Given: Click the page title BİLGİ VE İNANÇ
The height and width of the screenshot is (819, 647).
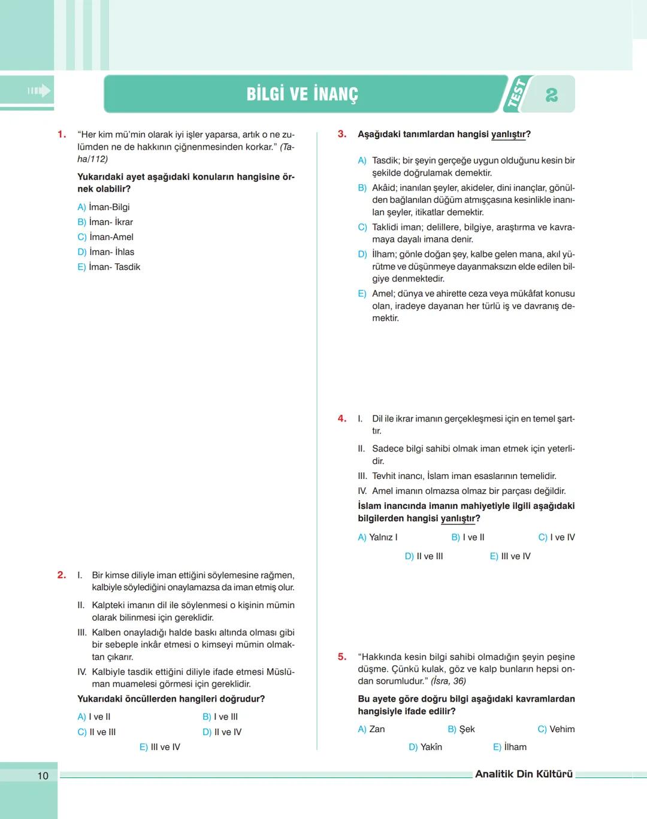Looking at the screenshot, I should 302,94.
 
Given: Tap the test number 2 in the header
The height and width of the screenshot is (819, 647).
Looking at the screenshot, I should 552,95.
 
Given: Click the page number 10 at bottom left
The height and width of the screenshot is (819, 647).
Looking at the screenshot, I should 43,776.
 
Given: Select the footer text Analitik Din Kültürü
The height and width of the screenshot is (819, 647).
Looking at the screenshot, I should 524,774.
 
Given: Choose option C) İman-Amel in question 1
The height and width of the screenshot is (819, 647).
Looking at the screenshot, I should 105,237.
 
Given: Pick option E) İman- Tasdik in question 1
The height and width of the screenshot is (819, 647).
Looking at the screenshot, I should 108,267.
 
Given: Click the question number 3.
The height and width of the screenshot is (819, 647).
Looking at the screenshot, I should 342,134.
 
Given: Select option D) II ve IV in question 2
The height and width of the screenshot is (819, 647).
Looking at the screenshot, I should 222,732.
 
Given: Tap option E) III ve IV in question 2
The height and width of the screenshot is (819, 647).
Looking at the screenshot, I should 160,747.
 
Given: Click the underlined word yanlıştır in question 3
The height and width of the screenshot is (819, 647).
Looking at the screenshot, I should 508,134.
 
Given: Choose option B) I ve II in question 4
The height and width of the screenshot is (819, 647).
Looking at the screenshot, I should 468,538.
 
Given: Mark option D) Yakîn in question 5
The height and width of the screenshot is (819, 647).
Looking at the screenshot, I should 425,747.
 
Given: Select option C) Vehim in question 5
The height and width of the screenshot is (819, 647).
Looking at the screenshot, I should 556,729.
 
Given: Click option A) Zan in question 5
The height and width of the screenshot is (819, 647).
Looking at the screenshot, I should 371,729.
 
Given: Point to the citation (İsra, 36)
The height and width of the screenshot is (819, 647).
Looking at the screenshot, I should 448,681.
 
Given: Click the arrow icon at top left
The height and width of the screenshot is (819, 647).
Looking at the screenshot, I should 39,91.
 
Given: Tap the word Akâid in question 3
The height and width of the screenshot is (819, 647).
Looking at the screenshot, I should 383,188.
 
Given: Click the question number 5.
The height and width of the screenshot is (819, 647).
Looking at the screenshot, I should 342,657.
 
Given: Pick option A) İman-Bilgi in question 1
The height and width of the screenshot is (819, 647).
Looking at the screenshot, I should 104,207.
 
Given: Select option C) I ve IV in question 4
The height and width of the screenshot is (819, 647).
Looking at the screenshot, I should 557,538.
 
